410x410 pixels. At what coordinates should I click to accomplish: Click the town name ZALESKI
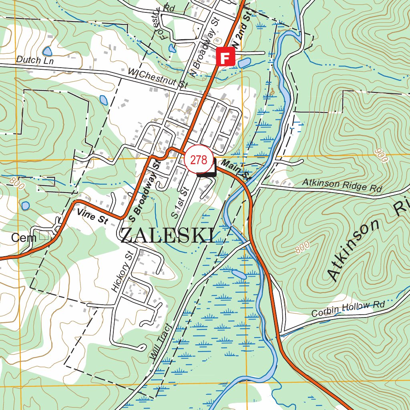[x=167, y=235]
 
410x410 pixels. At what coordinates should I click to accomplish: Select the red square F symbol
[x=225, y=56]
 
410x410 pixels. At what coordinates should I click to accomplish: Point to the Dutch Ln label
[x=34, y=60]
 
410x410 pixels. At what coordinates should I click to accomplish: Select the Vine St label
[x=92, y=216]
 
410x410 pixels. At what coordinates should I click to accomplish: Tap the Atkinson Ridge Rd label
[x=342, y=185]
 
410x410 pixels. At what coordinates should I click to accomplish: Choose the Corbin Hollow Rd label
[x=348, y=309]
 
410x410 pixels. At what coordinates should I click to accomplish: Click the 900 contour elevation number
[x=382, y=155]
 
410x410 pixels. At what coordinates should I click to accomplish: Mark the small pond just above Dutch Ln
[x=47, y=51]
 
